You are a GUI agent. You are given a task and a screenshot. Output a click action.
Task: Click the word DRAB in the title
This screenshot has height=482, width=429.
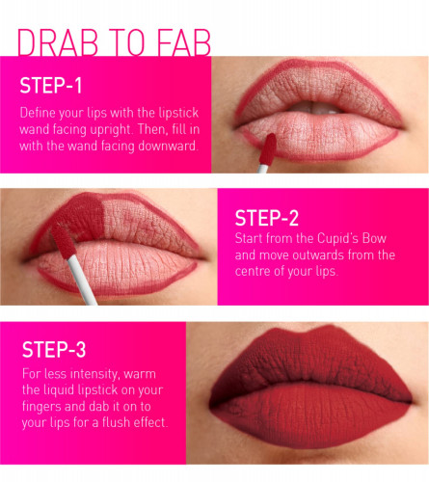pyautogui.click(x=58, y=42)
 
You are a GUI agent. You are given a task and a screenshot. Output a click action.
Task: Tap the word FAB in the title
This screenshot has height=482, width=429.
pyautogui.click(x=184, y=42)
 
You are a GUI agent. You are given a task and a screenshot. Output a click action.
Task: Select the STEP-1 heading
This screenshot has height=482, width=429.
pyautogui.click(x=51, y=86)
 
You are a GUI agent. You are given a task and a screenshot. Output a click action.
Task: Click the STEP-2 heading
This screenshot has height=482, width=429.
pyautogui.click(x=267, y=218)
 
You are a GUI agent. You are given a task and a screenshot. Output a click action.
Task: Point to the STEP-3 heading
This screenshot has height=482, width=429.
pyautogui.click(x=54, y=349)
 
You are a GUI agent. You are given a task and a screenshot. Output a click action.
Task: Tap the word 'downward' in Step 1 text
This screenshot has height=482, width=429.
pyautogui.click(x=168, y=146)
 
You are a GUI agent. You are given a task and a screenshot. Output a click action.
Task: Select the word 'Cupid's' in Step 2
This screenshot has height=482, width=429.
pyautogui.click(x=337, y=238)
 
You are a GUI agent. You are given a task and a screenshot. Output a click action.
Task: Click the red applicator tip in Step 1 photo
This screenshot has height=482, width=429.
pyautogui.click(x=267, y=149)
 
